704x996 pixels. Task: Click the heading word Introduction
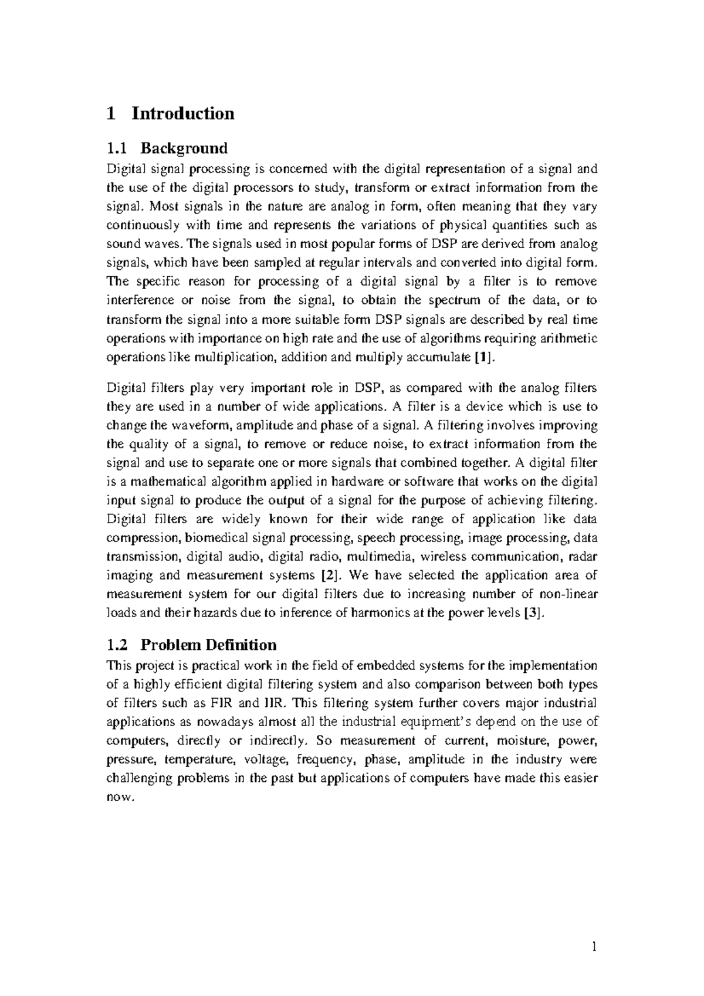click(x=182, y=113)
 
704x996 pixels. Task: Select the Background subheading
click(x=187, y=147)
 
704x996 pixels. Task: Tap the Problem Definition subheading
click(x=208, y=645)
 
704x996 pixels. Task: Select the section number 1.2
click(x=117, y=645)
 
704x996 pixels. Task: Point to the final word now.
click(x=119, y=797)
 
